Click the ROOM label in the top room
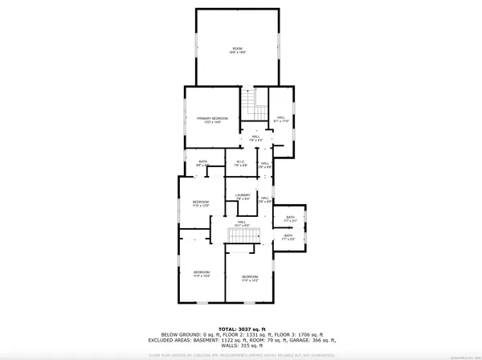click(x=236, y=48)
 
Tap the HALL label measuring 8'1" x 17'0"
click(x=281, y=118)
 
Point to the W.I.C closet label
click(x=239, y=162)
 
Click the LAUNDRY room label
click(x=243, y=195)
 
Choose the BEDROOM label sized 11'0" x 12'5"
click(x=201, y=202)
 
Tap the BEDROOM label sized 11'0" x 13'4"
click(x=201, y=272)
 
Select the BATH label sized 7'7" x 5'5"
click(x=288, y=235)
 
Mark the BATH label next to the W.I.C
click(x=203, y=162)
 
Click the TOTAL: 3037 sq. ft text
click(x=240, y=329)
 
